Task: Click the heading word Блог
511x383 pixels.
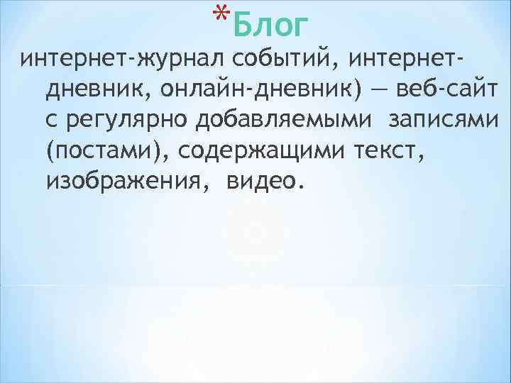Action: pyautogui.click(x=270, y=26)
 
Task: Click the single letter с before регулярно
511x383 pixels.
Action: pyautogui.click(x=51, y=121)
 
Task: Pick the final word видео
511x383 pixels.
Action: pyautogui.click(x=262, y=182)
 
